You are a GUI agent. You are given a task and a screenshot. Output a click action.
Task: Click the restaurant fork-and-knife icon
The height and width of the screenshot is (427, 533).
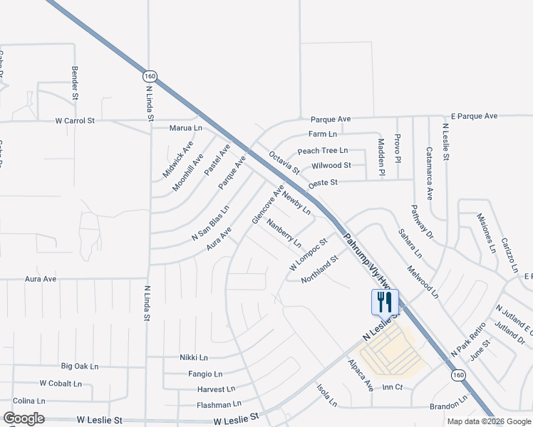click(x=384, y=302)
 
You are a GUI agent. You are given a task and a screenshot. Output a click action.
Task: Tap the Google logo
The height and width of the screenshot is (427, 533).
click(x=24, y=418)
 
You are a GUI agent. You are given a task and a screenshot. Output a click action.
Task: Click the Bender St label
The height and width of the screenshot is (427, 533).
click(x=74, y=82)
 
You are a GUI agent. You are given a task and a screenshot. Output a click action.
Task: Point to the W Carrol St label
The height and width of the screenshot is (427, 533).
click(x=75, y=121)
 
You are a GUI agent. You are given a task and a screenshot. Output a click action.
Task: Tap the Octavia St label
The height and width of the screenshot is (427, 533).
click(x=284, y=162)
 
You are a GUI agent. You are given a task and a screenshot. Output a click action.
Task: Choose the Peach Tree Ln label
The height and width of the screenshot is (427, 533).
click(x=322, y=150)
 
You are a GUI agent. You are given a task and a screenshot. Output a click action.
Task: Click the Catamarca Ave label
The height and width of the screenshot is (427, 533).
click(x=429, y=173)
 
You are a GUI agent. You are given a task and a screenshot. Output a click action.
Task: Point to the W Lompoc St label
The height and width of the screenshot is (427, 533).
click(x=307, y=254)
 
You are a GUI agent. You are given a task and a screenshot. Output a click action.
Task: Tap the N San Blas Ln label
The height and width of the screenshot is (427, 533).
click(x=210, y=223)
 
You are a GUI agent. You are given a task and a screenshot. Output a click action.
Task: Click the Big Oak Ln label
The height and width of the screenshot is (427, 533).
click(x=79, y=366)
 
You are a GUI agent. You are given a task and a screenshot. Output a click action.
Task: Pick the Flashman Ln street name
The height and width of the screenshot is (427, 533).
click(x=219, y=404)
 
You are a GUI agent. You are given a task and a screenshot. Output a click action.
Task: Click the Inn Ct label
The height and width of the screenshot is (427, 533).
click(x=393, y=387)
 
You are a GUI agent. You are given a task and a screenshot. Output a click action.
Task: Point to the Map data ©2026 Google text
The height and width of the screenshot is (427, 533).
click(x=489, y=421)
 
